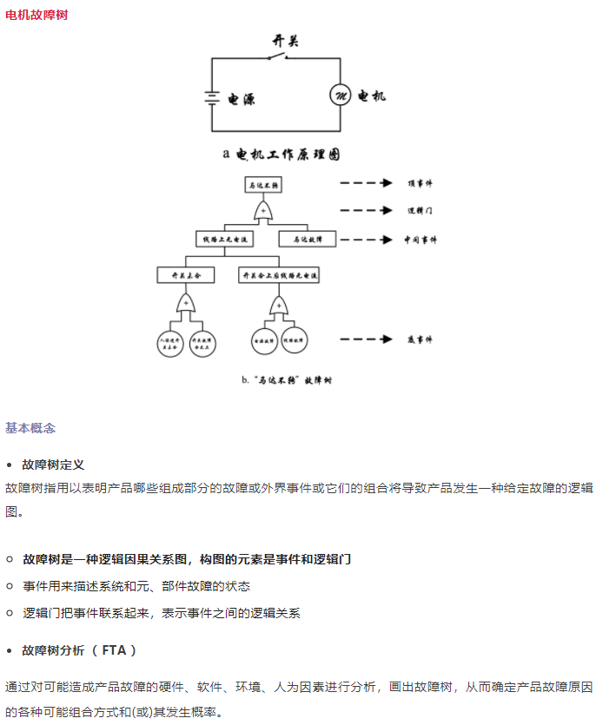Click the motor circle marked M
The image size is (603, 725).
(339, 96)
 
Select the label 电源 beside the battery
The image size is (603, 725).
(242, 99)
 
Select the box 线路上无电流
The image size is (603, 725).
(225, 239)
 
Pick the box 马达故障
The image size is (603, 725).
(308, 239)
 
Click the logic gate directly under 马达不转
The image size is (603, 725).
(264, 211)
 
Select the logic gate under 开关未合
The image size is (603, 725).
(186, 304)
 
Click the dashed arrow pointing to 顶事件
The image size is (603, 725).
(367, 184)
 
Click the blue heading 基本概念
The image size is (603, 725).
(30, 428)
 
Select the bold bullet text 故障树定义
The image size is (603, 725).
(53, 465)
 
